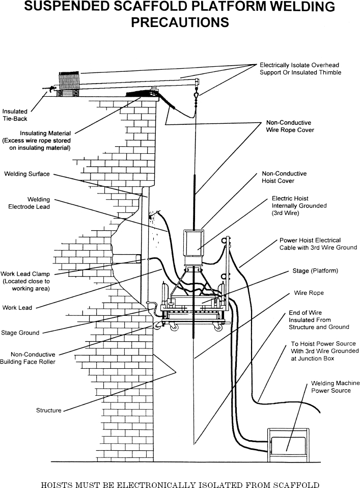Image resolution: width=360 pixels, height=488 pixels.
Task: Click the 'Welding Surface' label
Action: click(27, 174)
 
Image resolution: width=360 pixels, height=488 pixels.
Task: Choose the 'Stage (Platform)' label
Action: click(315, 270)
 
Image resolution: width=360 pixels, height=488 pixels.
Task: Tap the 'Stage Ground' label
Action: click(20, 333)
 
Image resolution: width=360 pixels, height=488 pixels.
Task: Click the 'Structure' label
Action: click(49, 410)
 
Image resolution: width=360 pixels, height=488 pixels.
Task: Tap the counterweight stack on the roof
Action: click(68, 82)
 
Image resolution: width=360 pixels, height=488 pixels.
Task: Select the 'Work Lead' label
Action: click(17, 308)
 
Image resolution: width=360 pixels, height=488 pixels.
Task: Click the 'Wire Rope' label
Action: click(309, 293)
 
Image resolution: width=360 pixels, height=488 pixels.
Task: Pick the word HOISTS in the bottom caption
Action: click(56, 484)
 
